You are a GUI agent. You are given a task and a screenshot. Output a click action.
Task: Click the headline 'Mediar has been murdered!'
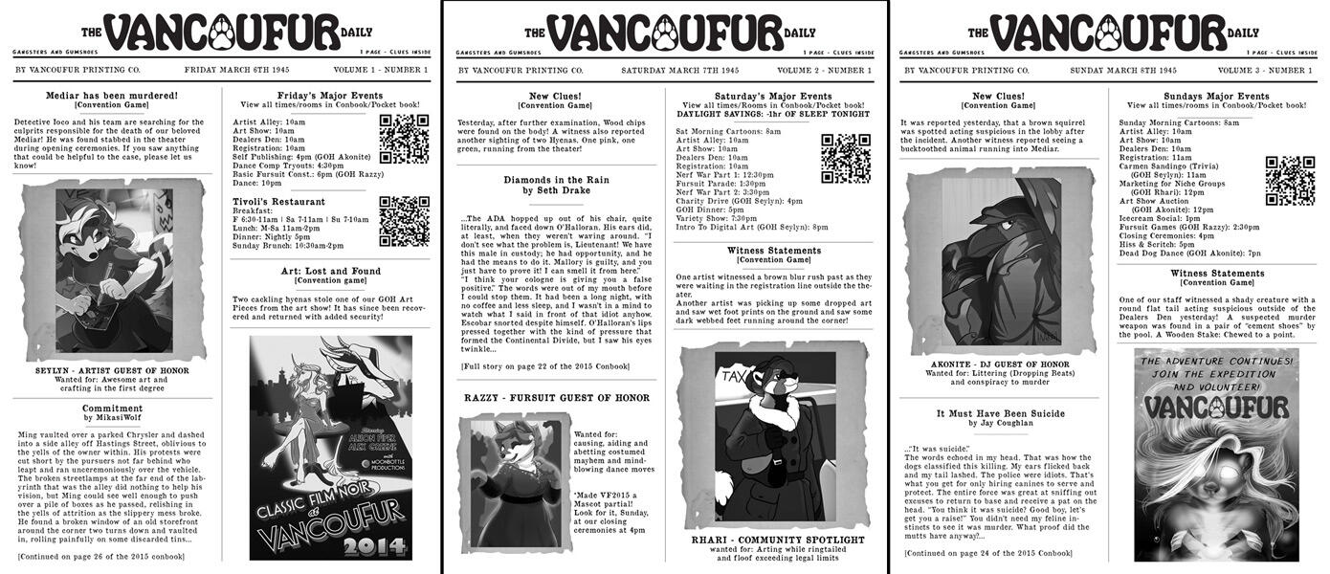tap(112, 96)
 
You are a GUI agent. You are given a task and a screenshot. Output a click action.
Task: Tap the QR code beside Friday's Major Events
tap(403, 139)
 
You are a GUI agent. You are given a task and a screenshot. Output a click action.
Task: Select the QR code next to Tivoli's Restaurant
tap(403, 221)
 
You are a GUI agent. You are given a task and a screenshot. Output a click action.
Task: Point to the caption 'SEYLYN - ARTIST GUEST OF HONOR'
tap(113, 371)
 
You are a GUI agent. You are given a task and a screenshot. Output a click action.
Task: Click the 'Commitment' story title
tap(112, 408)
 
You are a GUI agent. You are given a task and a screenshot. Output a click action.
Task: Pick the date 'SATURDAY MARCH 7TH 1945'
tap(679, 71)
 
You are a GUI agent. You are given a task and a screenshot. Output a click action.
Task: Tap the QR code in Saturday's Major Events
tap(845, 158)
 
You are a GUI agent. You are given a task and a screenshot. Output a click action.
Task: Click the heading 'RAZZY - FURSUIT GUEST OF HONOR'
tap(556, 398)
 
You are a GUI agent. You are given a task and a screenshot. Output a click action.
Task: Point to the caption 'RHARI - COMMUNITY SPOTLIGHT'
tap(777, 540)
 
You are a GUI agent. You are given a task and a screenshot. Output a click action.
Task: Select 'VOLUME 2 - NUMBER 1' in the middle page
tap(824, 71)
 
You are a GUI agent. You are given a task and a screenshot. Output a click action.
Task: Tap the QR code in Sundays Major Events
tap(1289, 181)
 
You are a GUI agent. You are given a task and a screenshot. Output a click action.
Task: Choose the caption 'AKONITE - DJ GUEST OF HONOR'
tap(1000, 364)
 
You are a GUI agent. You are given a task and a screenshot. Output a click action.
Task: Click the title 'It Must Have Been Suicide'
tap(1000, 413)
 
